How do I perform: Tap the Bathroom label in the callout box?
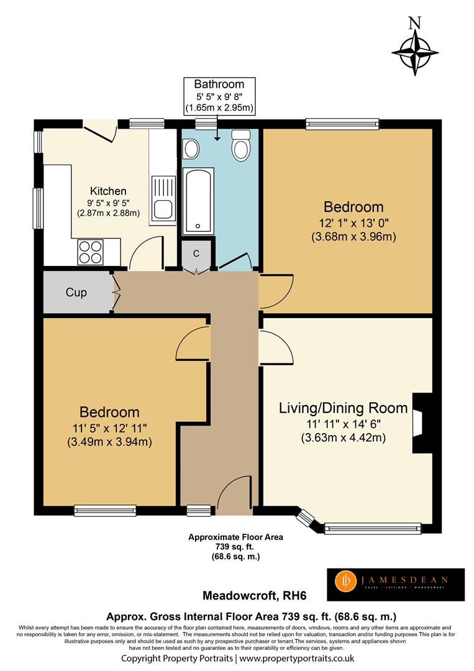click(219, 84)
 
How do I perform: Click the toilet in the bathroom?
click(241, 145)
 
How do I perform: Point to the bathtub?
click(198, 201)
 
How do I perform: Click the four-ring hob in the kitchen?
click(91, 252)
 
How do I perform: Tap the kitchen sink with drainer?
click(163, 200)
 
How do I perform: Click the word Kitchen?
click(108, 191)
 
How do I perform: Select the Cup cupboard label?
click(76, 292)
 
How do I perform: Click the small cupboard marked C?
click(196, 254)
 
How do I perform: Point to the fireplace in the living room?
click(422, 423)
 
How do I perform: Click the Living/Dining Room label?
click(343, 408)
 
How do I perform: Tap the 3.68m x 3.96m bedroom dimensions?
click(353, 236)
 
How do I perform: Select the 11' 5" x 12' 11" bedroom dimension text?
click(109, 428)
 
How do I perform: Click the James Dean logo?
click(396, 585)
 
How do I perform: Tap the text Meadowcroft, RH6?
click(255, 595)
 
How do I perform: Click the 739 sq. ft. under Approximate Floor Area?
click(235, 547)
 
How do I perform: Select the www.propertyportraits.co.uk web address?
click(297, 658)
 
